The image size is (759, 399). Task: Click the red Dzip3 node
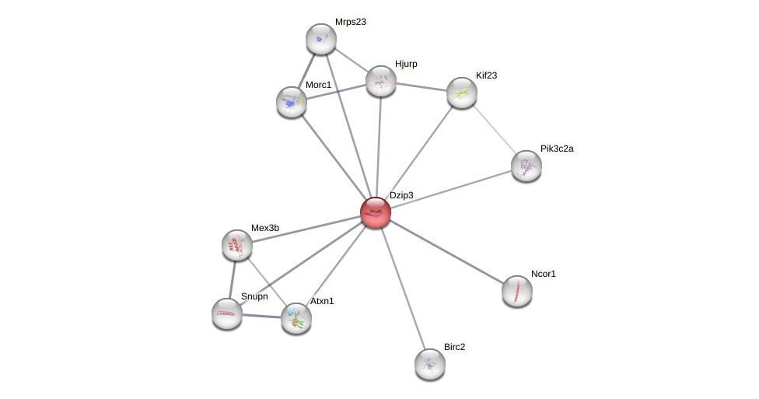point(376,212)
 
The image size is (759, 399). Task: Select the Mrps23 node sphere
point(320,39)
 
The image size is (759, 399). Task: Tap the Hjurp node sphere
point(381,81)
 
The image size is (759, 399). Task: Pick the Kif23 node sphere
point(462,93)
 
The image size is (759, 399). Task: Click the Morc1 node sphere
point(292,102)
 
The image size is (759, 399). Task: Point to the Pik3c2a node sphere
point(526,166)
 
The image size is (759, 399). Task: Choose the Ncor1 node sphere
point(517,291)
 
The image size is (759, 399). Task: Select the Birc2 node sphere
point(430,363)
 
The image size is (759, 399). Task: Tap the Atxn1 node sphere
point(296,317)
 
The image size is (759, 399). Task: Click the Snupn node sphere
point(227,313)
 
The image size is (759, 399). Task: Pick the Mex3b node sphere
point(237,245)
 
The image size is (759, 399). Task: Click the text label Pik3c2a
point(556,149)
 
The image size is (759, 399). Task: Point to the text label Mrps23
point(350,22)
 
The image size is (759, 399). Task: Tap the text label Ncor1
point(544,274)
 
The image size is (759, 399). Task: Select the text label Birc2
point(454,347)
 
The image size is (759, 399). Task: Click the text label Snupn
point(254,296)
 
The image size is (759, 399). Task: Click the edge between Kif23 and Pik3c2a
point(495,130)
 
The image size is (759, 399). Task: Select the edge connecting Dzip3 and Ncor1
point(446,252)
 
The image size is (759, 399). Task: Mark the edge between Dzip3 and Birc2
point(403,288)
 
